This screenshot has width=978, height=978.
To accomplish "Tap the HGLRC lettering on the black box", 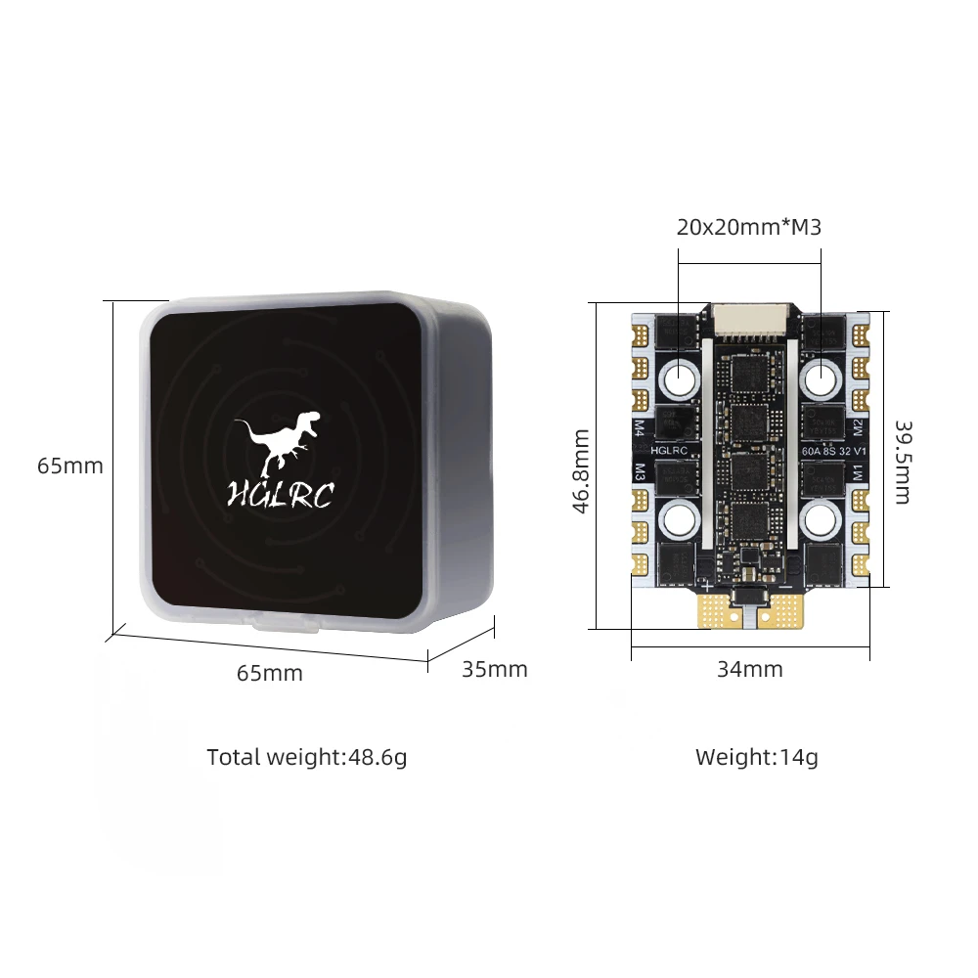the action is pyautogui.click(x=281, y=494).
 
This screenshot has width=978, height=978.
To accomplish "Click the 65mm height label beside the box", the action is pyautogui.click(x=70, y=466).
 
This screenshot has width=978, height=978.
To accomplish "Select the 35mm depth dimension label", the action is pyautogui.click(x=494, y=669).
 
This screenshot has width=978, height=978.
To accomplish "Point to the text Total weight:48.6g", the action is pyautogui.click(x=307, y=757).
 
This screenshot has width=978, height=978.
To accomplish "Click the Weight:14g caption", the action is pyautogui.click(x=757, y=757).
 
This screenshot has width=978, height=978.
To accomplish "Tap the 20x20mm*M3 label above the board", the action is pyautogui.click(x=749, y=228).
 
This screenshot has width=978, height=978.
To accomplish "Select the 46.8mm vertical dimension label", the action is pyautogui.click(x=580, y=470).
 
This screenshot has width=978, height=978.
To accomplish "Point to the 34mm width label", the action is pyautogui.click(x=750, y=669).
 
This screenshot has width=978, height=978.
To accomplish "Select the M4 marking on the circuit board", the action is pyautogui.click(x=640, y=427).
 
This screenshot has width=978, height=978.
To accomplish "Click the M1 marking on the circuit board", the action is pyautogui.click(x=857, y=471).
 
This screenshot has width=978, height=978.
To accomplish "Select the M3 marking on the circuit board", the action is pyautogui.click(x=640, y=471).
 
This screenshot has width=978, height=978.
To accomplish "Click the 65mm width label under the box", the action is pyautogui.click(x=270, y=673).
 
